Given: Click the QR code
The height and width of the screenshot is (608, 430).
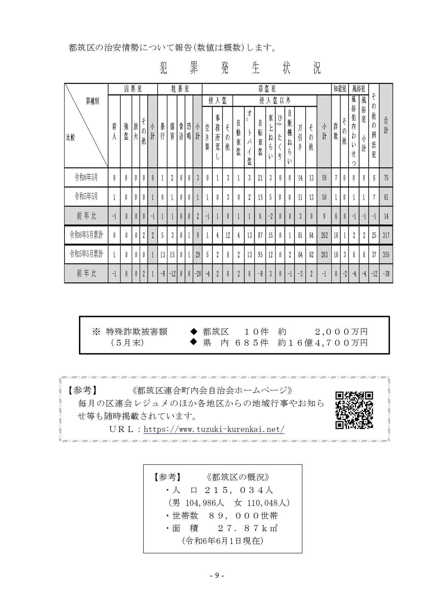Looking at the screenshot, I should tap(354, 410).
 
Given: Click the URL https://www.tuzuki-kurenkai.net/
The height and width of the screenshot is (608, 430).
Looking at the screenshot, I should tap(214, 430).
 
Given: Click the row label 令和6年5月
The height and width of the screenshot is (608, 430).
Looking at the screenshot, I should tap(86, 178).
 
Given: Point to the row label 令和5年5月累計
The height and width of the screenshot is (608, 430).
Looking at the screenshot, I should tap(86, 254).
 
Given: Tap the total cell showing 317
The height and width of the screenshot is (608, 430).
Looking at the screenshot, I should tap(386, 235).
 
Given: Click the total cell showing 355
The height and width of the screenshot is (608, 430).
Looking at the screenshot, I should tap(386, 254).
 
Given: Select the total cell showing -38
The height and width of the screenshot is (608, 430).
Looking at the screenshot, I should tap(386, 274).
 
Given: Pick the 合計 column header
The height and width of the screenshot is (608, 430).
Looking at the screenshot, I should tap(386, 126).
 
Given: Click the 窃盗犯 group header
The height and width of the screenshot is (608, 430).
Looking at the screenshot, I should tap(266, 89).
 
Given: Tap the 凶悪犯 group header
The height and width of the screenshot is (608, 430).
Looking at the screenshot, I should tap(133, 89).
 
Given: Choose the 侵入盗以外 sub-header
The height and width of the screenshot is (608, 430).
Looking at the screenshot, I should tap(275, 101).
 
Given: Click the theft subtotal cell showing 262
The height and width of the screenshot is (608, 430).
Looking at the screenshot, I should tap(324, 235).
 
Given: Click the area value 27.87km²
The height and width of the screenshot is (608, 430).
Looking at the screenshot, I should tap(248, 528).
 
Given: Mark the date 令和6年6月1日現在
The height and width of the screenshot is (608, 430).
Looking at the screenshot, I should tap(222, 541).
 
